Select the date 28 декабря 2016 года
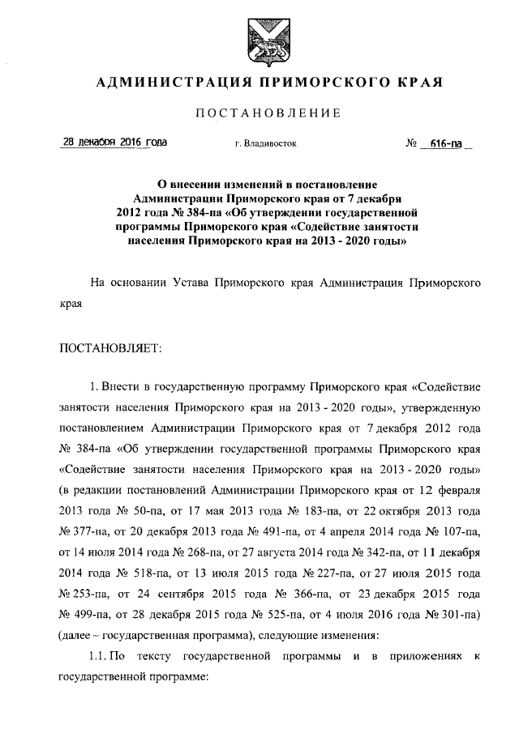pos(115,143)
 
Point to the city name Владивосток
pos(266,144)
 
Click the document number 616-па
pos(435,143)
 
